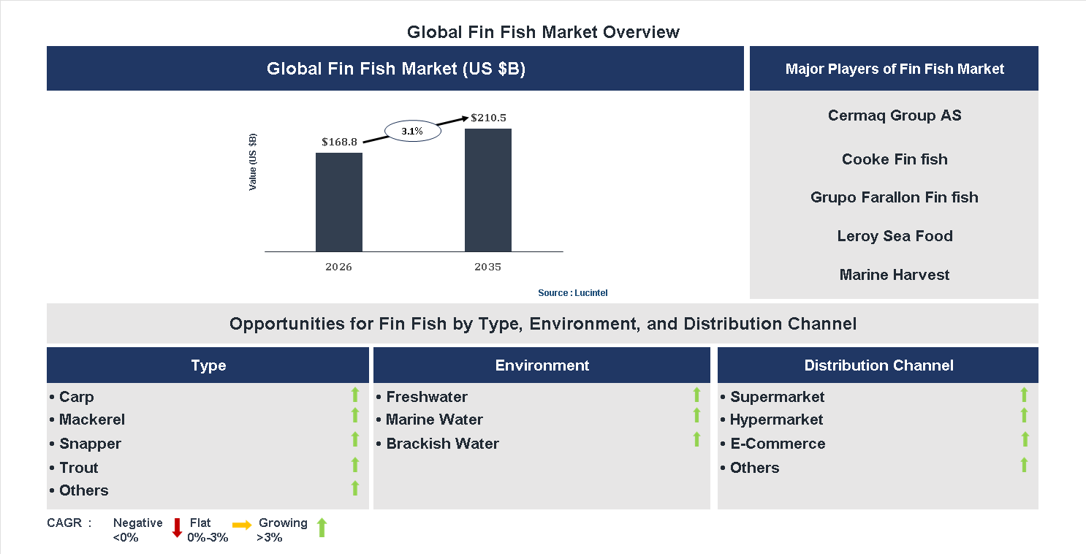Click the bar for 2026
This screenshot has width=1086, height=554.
tap(338, 202)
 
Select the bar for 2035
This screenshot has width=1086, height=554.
tap(487, 190)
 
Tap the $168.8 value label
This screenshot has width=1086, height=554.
tap(339, 142)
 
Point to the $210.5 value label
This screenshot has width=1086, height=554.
tap(488, 118)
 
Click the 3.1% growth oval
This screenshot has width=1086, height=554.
tap(412, 132)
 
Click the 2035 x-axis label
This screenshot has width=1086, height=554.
tap(487, 267)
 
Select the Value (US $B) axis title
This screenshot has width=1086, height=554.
tap(253, 162)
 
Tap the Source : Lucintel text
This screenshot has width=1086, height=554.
tap(572, 293)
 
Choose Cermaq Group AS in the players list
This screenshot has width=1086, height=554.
tap(894, 115)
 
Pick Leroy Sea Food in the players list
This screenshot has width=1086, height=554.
tap(894, 236)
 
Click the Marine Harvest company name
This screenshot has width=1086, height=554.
tap(894, 275)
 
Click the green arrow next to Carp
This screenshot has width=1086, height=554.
tap(355, 395)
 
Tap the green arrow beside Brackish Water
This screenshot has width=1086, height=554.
tap(696, 440)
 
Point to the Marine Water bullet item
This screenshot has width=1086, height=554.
tap(434, 420)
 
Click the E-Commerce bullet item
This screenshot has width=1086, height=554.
tap(777, 444)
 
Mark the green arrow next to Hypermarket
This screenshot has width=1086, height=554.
tap(1024, 416)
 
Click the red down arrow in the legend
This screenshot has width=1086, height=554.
tap(177, 528)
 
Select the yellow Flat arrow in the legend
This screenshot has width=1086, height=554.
tap(242, 525)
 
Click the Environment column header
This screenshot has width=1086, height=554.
tap(542, 365)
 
